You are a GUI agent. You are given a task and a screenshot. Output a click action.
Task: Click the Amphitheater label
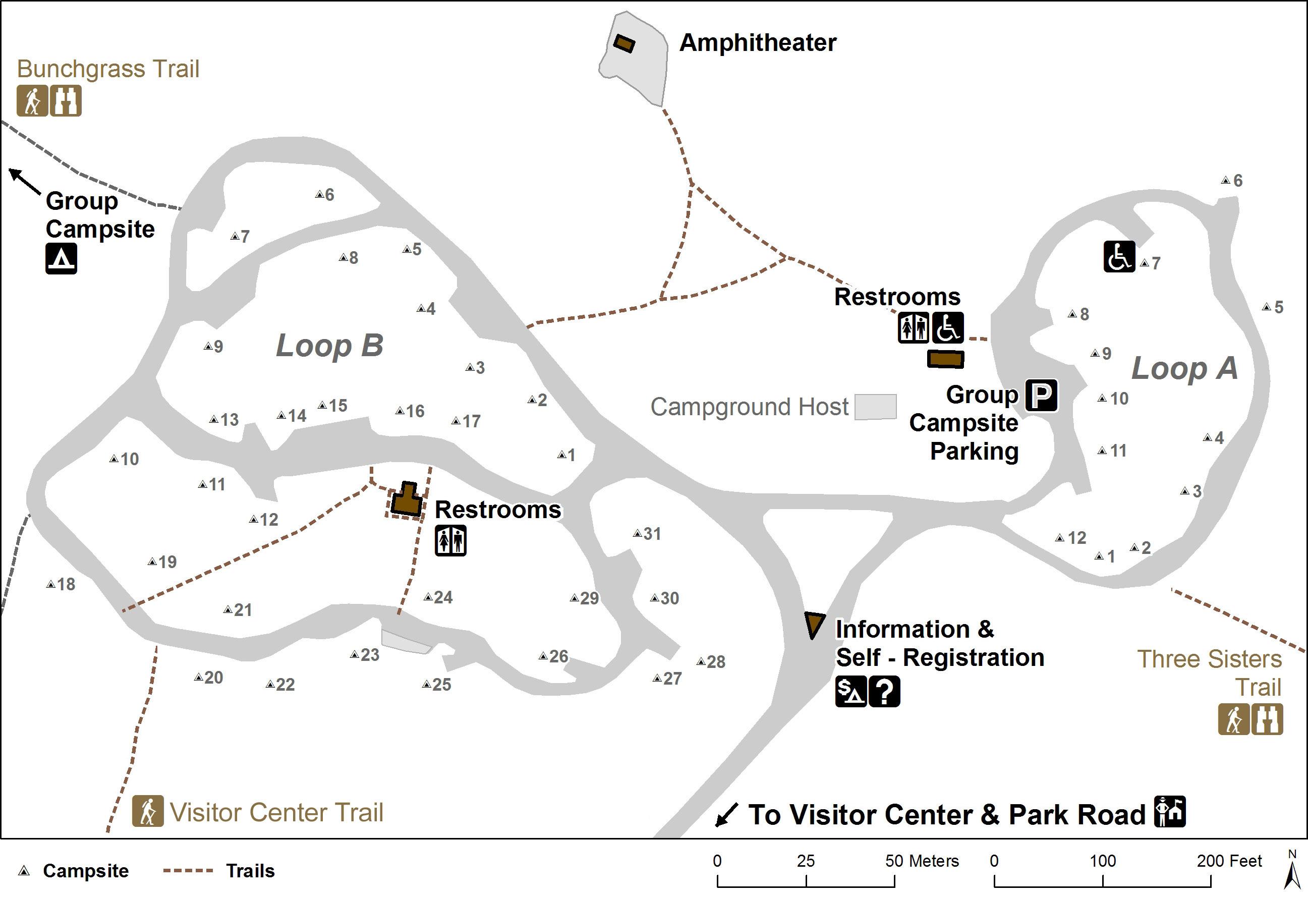tap(758, 43)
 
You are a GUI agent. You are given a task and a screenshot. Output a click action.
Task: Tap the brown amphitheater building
tap(623, 43)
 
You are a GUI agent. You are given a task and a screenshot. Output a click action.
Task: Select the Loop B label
tap(329, 345)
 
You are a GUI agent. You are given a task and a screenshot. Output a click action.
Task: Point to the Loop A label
tap(1185, 369)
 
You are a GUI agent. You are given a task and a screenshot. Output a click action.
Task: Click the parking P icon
tap(1041, 395)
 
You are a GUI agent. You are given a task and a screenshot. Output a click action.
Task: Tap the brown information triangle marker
tap(814, 623)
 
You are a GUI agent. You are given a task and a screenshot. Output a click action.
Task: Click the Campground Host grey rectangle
tap(875, 407)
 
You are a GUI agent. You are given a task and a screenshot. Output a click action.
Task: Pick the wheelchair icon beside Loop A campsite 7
tap(1119, 257)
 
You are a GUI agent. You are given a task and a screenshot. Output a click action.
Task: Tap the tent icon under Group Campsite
tap(61, 258)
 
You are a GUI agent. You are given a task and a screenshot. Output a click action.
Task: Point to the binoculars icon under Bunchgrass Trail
tap(66, 101)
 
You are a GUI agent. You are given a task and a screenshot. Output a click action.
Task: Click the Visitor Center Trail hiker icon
tap(147, 811)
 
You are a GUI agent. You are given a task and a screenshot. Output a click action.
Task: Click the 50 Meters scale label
tap(921, 861)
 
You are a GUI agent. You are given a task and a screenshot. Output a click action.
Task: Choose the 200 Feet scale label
tap(1229, 861)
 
